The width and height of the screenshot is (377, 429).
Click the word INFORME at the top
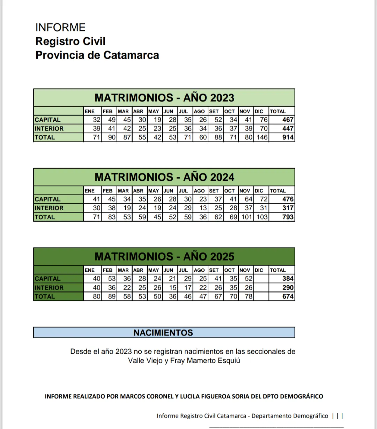60,28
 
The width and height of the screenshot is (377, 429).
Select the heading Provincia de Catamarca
97,55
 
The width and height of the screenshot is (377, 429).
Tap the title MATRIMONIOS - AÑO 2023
164,98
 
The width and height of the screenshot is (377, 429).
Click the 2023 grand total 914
288,137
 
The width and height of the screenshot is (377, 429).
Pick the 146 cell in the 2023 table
262,137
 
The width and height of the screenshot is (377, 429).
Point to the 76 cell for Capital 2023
264,120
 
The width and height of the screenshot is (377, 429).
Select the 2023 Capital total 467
288,120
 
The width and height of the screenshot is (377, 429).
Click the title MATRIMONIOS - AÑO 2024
164,177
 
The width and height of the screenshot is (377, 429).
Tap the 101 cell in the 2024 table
246,217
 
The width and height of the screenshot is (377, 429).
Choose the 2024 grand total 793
288,217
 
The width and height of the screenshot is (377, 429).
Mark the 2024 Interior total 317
288,208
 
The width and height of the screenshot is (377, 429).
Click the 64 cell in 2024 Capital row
248,199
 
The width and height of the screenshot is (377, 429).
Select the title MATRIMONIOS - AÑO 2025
164,257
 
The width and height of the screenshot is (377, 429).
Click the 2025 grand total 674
288,296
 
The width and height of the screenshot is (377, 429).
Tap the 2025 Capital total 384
288,279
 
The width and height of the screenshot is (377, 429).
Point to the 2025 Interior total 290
288,288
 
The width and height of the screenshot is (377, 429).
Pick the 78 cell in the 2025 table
248,296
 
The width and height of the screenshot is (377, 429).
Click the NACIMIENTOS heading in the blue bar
163,333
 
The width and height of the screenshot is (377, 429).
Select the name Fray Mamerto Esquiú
205,361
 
